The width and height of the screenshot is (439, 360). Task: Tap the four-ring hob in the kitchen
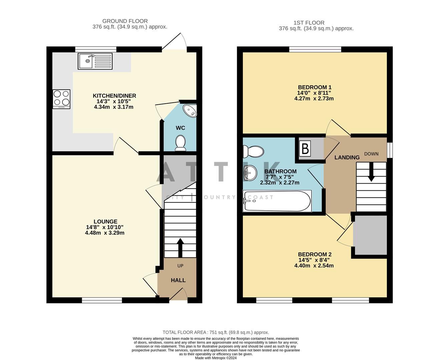click(x=61, y=99)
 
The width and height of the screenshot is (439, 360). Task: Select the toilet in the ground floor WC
click(x=180, y=142)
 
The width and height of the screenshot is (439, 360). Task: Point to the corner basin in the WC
click(x=190, y=111)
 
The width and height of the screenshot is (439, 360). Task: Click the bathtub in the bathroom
click(x=278, y=201)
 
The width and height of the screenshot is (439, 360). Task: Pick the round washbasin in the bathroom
click(x=250, y=173)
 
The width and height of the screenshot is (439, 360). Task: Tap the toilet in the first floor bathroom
click(x=254, y=152)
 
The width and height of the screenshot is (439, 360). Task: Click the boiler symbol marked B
click(x=305, y=149)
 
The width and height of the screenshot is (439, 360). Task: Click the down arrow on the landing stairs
click(x=371, y=174)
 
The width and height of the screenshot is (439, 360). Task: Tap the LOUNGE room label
click(x=105, y=222)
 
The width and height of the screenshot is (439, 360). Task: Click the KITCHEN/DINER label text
click(x=114, y=96)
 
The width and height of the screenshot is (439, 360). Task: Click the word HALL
click(x=178, y=280)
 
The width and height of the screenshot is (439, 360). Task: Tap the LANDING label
click(x=347, y=157)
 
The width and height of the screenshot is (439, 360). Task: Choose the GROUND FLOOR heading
click(x=125, y=21)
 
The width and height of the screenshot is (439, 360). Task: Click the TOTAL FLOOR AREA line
click(x=215, y=332)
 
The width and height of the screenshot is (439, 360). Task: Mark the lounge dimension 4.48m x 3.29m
click(x=105, y=233)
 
